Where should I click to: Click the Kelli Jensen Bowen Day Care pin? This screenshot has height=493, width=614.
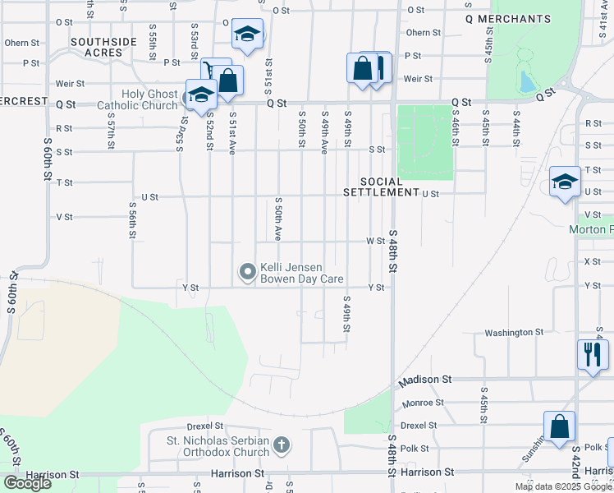[x=246, y=270]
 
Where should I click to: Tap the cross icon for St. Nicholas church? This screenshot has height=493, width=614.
[x=282, y=446]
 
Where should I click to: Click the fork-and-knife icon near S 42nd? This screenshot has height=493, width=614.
[x=593, y=355]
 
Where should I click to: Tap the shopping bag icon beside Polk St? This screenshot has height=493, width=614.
[x=559, y=427]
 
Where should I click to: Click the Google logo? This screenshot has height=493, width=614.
[x=27, y=482]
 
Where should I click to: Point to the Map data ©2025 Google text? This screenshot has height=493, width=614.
[x=562, y=486]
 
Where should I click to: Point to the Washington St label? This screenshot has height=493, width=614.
[x=514, y=333]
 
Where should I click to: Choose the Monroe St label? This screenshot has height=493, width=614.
[x=424, y=403]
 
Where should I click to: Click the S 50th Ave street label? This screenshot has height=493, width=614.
[x=278, y=219]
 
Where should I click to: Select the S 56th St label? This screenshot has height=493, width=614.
[x=131, y=221]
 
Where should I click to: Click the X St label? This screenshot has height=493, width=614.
[x=592, y=261]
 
